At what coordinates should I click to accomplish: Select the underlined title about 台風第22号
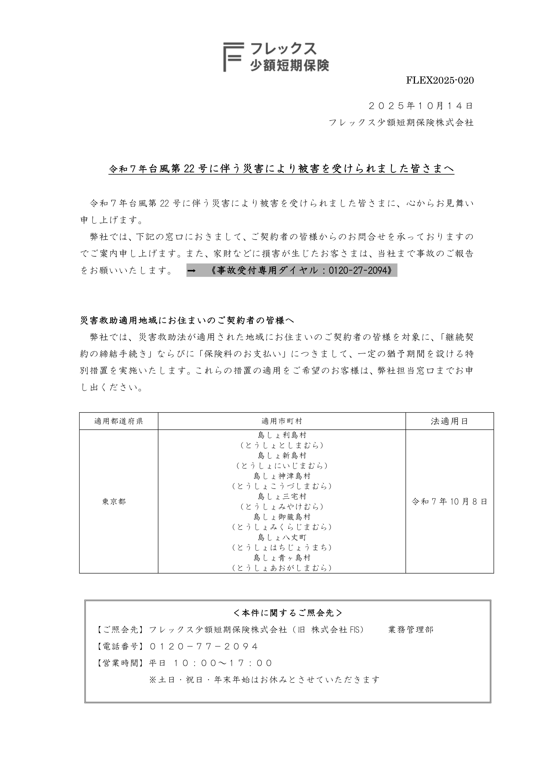click(281, 169)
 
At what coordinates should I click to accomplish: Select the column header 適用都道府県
click(119, 421)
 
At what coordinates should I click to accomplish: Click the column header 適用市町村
click(282, 421)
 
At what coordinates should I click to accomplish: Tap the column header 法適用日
click(449, 421)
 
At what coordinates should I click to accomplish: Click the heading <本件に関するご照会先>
click(287, 613)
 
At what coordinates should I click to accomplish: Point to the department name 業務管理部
click(410, 630)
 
